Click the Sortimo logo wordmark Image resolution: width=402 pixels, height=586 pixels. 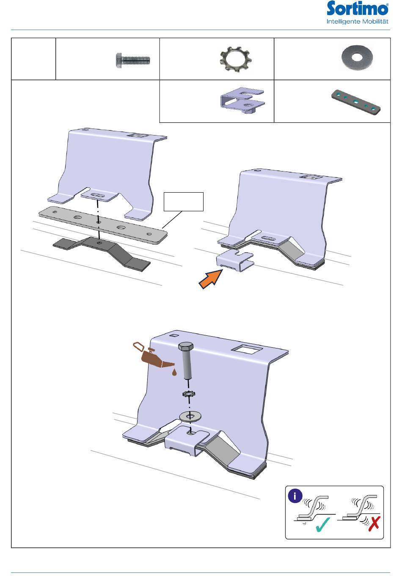coord(357,8)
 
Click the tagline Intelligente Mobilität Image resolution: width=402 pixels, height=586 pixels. coord(357,22)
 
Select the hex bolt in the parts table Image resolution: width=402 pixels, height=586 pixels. coord(133,61)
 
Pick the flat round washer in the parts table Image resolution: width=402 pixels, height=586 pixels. coord(357,58)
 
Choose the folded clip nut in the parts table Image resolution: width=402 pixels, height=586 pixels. coord(242,100)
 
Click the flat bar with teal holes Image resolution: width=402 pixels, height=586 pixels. coord(356,102)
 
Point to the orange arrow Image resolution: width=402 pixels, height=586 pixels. coord(211,279)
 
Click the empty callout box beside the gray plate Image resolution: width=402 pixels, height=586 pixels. coord(184,202)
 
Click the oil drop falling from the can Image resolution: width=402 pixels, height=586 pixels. coord(174,373)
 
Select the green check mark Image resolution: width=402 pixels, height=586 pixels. coord(322,525)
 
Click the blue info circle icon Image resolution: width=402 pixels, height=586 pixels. coord(295,496)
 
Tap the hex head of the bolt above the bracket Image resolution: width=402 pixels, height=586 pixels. coord(186,346)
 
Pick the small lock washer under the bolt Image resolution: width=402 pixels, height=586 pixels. coord(189,393)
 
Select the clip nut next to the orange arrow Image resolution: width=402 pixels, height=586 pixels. coord(235,260)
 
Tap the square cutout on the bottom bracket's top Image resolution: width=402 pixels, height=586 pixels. coord(246,349)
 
